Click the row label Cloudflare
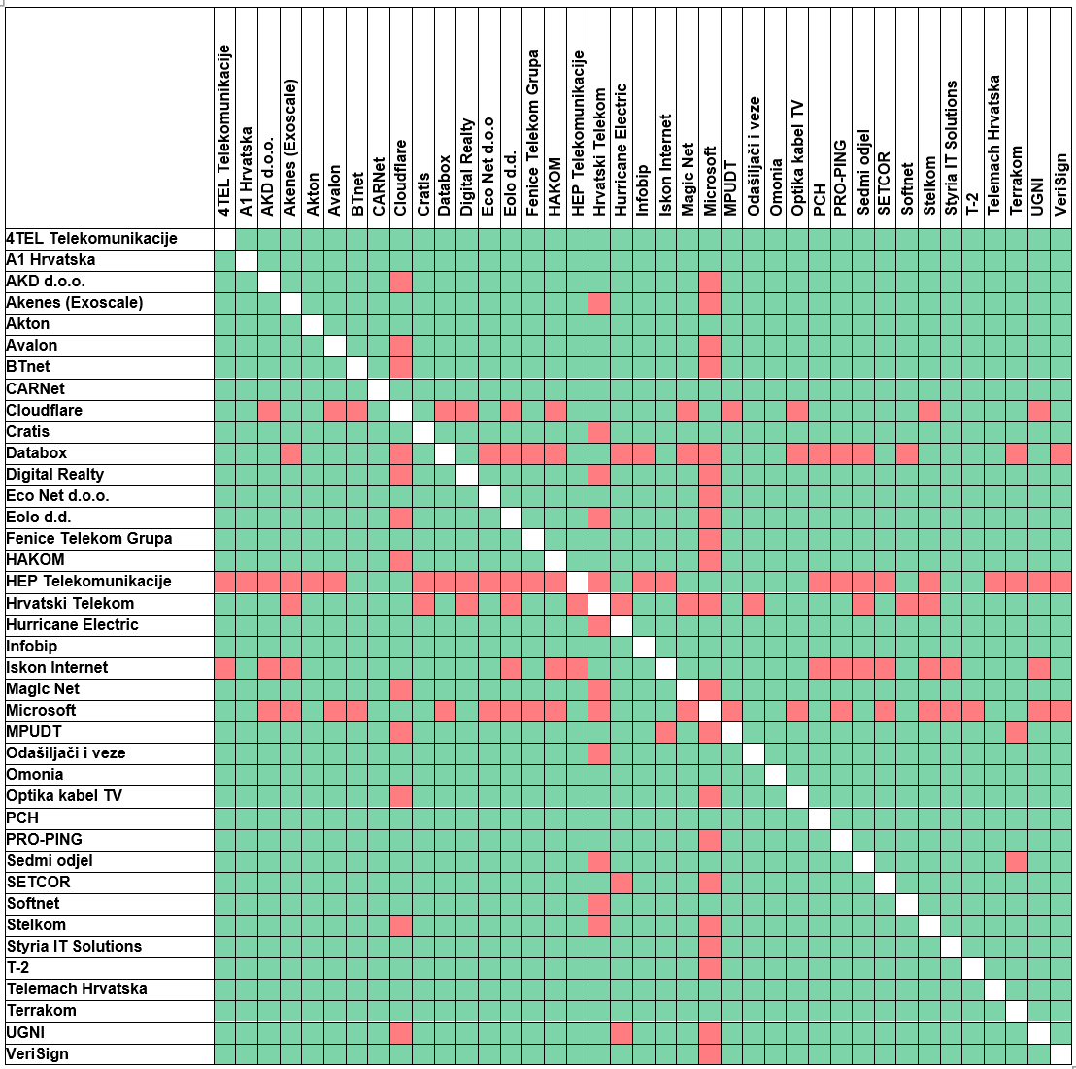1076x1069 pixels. [45, 410]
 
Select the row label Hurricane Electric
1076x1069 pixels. [72, 624]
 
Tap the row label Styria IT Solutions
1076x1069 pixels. [74, 946]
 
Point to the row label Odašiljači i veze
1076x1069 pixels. [66, 752]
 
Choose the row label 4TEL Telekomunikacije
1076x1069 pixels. [91, 238]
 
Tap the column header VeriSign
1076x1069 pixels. [1060, 184]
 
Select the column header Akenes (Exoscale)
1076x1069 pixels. [290, 147]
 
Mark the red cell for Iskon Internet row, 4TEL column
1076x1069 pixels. [224, 667]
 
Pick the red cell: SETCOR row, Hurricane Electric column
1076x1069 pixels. [622, 882]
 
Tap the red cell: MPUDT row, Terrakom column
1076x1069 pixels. [1016, 731]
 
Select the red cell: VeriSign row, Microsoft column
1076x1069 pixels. [710, 1053]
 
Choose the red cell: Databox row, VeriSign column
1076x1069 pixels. [1060, 452]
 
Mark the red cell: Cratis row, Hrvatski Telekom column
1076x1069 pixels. [599, 431]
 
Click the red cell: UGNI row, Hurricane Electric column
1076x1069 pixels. [622, 1032]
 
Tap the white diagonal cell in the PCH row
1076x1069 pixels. [819, 818]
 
